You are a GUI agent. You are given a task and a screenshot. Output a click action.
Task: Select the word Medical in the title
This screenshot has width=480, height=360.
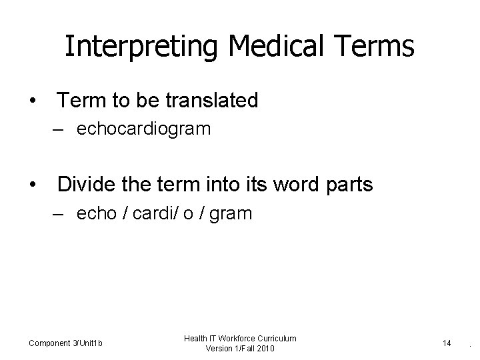(262, 47)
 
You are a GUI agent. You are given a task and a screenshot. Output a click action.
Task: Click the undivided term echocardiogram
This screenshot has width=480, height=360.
(144, 129)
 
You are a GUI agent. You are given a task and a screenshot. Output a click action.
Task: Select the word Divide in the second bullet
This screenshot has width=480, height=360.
(86, 185)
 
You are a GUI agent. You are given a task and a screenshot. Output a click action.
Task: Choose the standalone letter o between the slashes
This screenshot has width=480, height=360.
(187, 214)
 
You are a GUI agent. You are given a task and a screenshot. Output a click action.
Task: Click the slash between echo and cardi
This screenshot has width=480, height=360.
(125, 213)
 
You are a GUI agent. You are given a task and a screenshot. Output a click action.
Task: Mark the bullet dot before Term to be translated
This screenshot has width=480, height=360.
(32, 101)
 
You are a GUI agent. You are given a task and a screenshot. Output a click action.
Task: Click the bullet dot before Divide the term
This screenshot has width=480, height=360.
(32, 185)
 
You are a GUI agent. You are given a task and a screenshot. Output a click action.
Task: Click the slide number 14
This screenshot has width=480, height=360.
(447, 343)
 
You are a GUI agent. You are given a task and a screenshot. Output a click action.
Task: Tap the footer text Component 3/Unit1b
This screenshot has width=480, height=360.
(65, 343)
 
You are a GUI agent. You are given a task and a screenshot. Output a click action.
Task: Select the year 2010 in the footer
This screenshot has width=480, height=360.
(263, 349)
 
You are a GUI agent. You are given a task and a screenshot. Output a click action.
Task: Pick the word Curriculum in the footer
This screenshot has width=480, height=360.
(276, 339)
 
